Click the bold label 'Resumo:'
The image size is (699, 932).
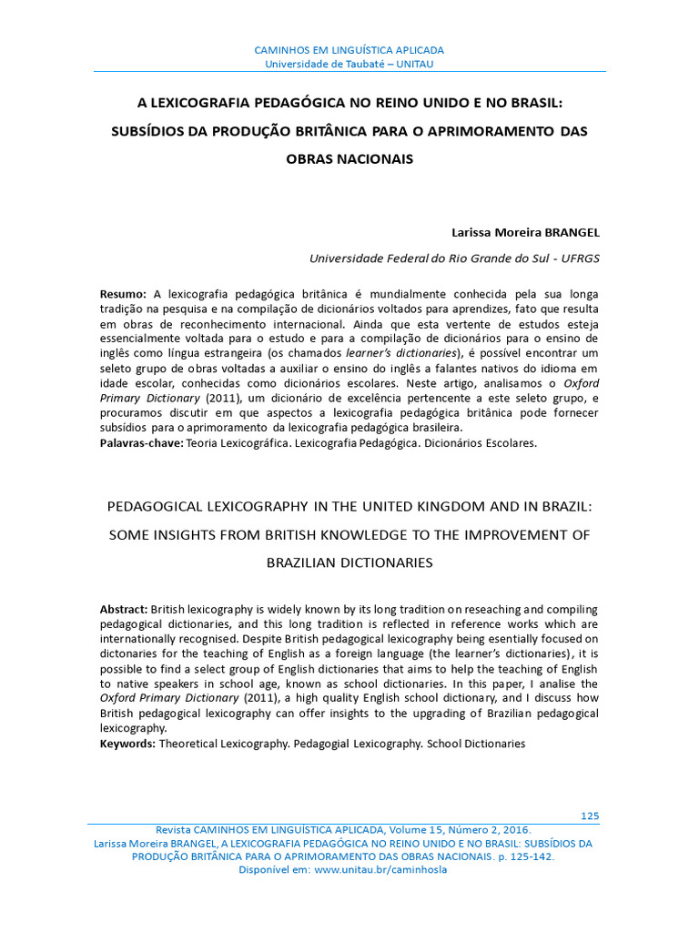123,294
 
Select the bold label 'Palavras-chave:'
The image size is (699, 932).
141,443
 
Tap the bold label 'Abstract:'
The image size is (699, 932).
123,608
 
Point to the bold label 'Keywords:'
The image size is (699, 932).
127,744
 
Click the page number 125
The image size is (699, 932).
589,815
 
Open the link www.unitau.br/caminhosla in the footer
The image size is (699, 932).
380,869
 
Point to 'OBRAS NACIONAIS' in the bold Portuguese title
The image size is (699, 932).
349,159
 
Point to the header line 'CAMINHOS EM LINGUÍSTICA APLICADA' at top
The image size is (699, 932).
349,50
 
